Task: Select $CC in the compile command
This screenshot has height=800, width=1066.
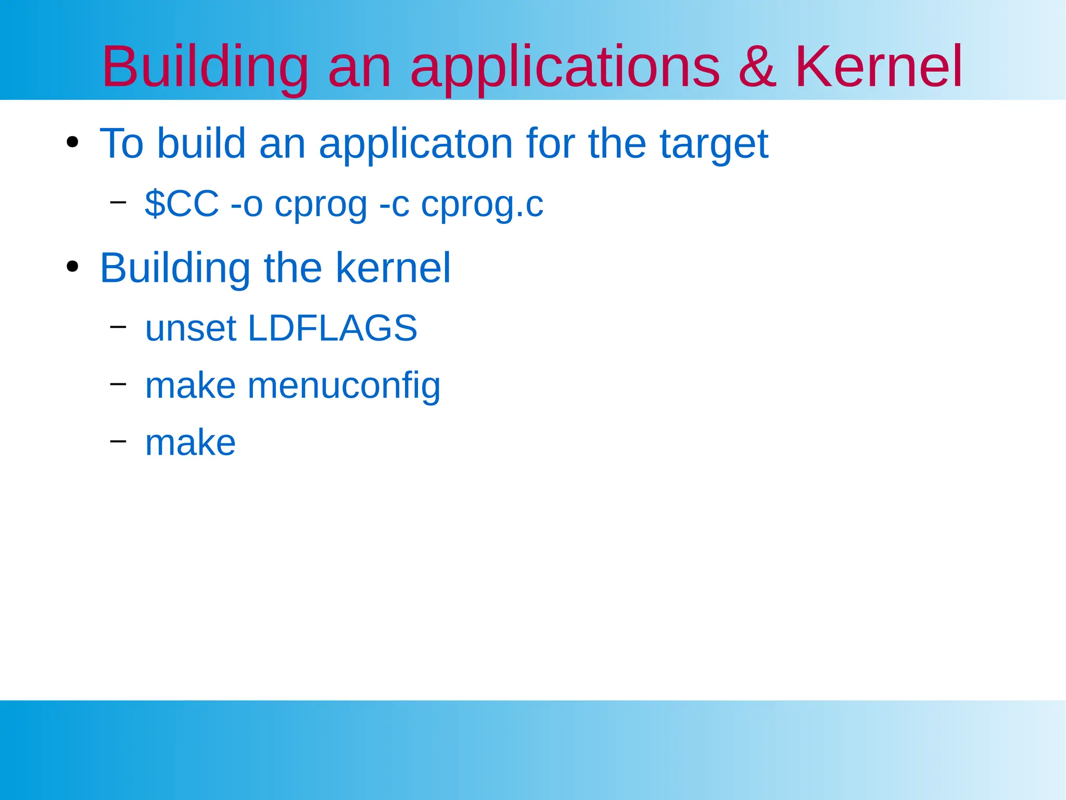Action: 182,204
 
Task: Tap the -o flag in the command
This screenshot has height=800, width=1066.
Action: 246,205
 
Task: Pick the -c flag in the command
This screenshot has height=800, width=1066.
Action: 394,205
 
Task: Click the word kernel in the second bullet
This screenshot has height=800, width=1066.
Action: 393,268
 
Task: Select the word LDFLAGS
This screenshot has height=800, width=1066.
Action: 333,328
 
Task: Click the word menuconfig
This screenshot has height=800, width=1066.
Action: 344,386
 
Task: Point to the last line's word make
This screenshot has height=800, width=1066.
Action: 190,443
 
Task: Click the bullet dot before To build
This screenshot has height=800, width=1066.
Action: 72,142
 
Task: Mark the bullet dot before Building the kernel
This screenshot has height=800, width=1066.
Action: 72,267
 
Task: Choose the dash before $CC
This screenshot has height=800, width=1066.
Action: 118,202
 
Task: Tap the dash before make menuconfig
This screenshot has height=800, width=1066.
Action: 118,384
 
